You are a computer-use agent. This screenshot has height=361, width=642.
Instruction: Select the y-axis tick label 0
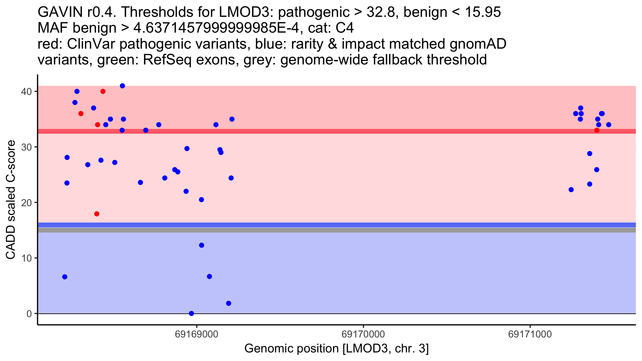click(x=29, y=314)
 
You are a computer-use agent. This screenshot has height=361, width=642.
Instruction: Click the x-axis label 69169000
click(x=197, y=334)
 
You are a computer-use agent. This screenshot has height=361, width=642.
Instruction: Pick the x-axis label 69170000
click(x=363, y=334)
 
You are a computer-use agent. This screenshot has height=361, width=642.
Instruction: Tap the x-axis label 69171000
click(x=530, y=334)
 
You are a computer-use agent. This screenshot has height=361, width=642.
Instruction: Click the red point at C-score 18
click(x=97, y=214)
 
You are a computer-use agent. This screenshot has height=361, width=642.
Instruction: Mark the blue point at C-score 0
click(x=192, y=313)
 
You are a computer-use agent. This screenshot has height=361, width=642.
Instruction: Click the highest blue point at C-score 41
click(x=123, y=86)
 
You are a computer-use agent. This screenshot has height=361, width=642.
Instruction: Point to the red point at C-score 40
click(x=103, y=91)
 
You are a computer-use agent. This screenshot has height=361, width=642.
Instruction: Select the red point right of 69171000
click(x=597, y=130)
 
